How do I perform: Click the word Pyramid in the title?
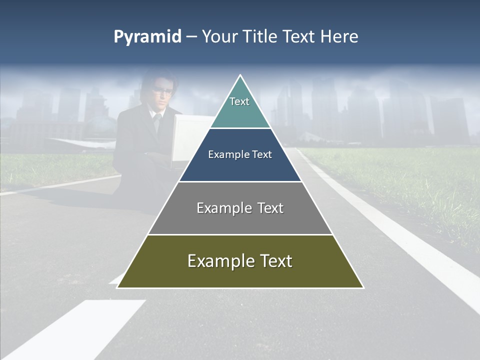click(x=147, y=37)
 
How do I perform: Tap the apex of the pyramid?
click(x=240, y=76)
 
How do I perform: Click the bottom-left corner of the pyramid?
click(x=118, y=287)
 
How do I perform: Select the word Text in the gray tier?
click(x=268, y=208)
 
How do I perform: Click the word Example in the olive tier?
click(x=216, y=261)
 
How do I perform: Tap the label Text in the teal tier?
click(x=239, y=101)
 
